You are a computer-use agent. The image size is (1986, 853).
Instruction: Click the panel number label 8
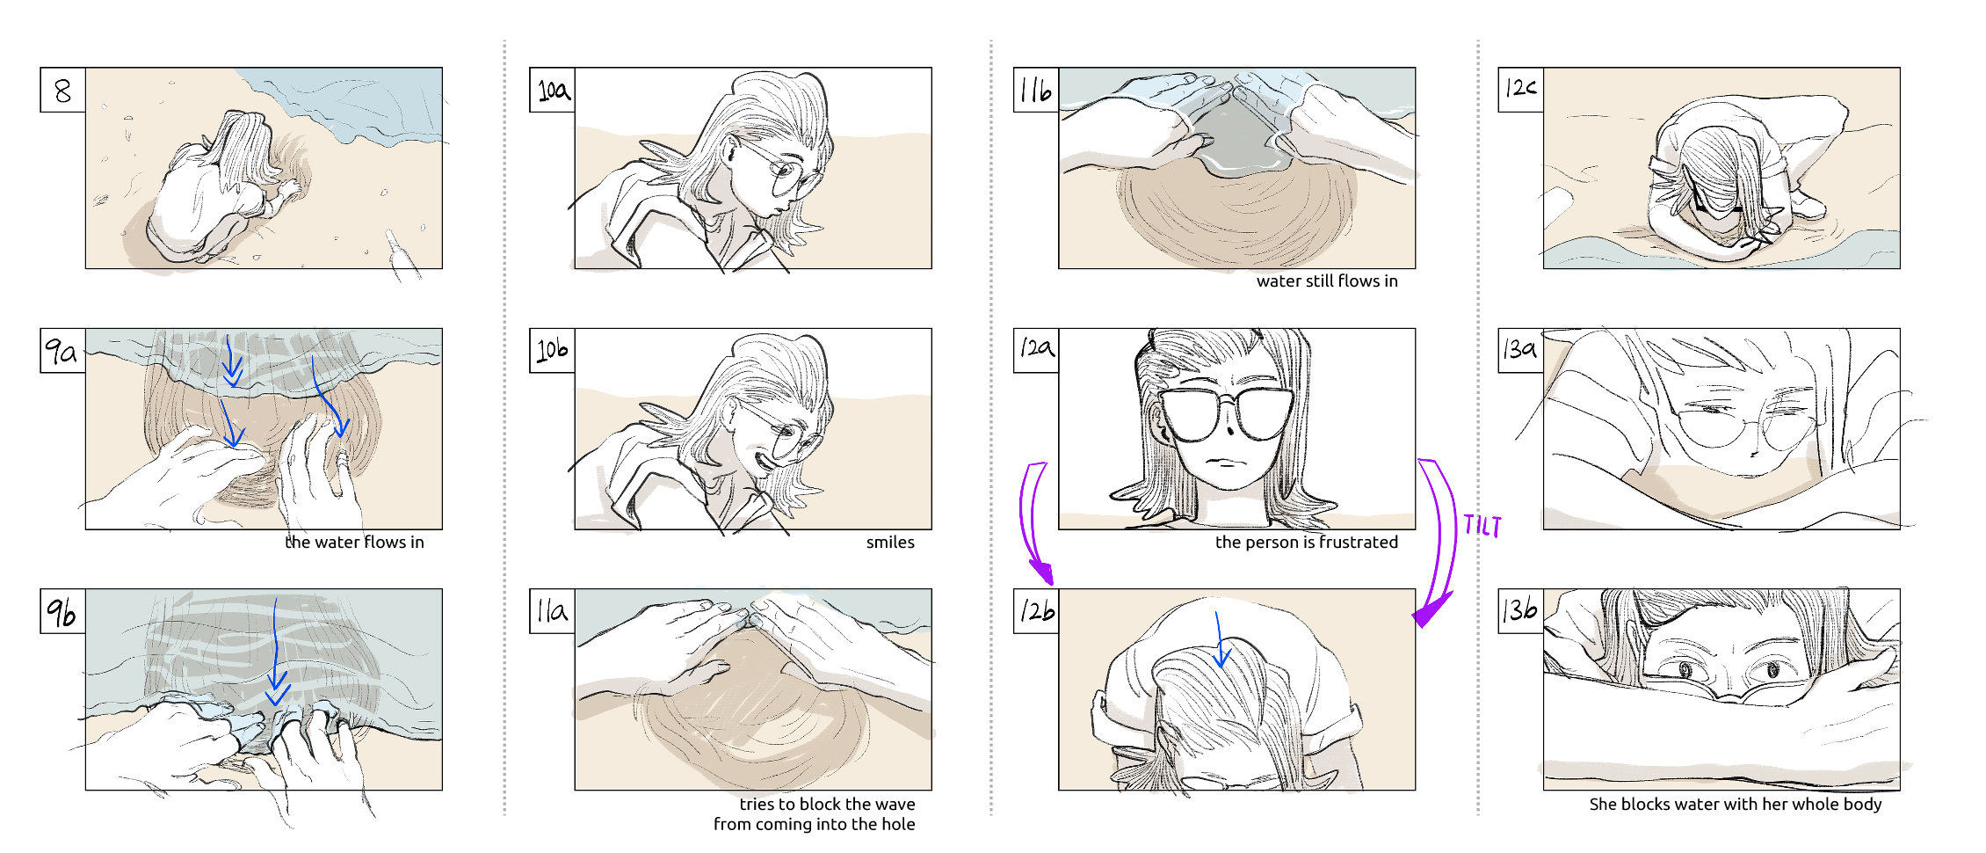point(62,90)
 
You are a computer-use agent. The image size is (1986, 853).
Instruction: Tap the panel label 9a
point(62,351)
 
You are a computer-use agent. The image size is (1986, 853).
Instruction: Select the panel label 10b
point(552,351)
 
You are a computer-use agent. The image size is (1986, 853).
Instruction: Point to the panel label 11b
point(1036,90)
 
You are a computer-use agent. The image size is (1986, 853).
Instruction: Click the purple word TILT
point(1482,526)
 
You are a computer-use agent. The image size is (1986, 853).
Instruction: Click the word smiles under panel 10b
point(890,543)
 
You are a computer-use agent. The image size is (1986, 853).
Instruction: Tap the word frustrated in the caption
point(1359,543)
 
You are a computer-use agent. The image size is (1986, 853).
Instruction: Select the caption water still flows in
point(1327,281)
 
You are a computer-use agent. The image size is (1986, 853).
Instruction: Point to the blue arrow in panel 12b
point(1220,639)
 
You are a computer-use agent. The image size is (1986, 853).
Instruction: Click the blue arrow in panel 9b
point(277,652)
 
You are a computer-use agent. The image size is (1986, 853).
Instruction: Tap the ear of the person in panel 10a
point(731,152)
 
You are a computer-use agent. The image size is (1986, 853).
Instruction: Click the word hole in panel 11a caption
point(897,824)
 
